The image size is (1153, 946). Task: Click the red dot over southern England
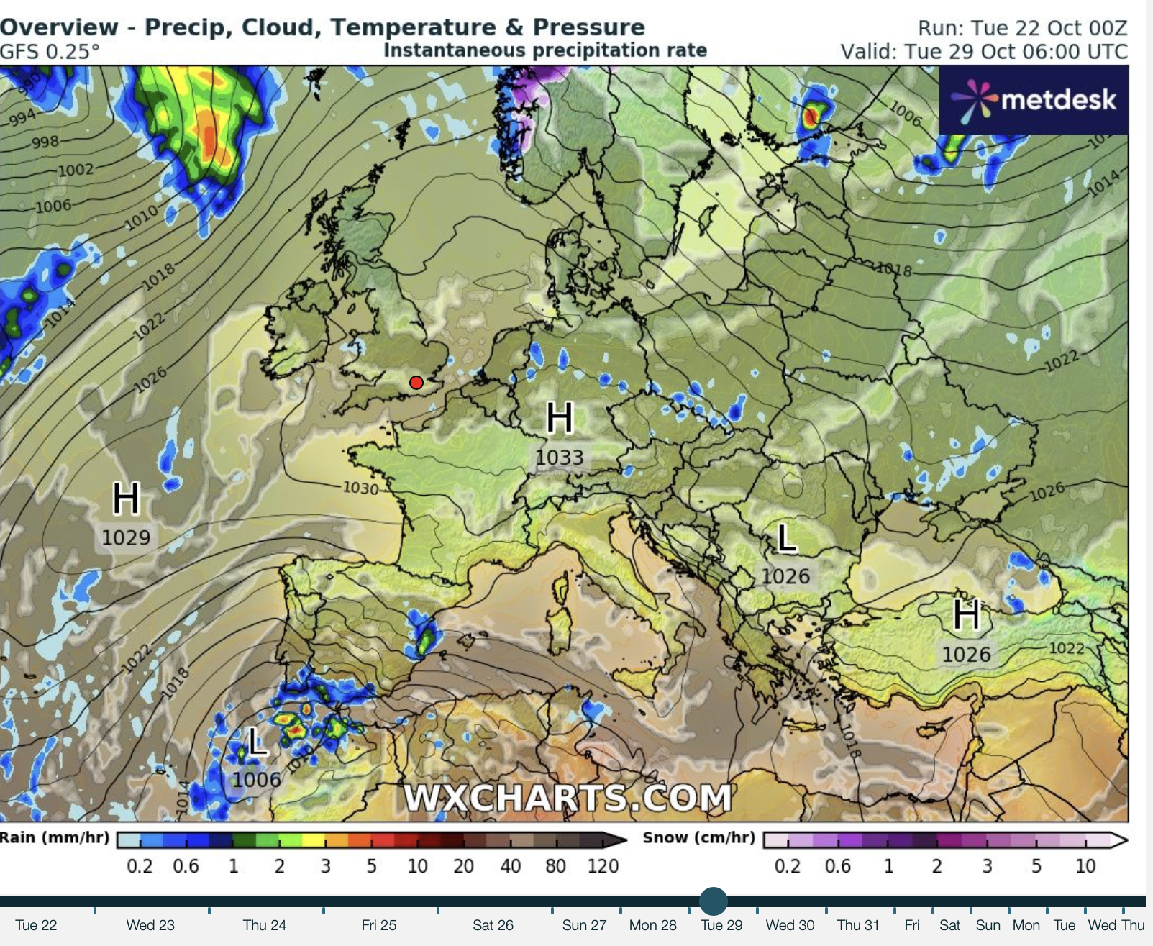[x=416, y=383]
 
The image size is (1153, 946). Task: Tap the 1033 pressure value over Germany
[x=560, y=458]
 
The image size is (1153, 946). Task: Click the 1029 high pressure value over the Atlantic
[x=126, y=537]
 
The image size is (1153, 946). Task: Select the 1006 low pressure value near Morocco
[x=256, y=780]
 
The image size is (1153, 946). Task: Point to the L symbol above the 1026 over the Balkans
[x=787, y=538]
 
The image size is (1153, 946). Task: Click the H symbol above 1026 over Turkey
[x=966, y=615]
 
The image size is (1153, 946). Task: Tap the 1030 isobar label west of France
[x=360, y=488]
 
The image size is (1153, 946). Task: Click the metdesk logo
[x=1034, y=100]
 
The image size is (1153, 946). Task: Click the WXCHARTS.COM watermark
[x=568, y=798]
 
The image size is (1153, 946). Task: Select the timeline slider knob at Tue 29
[x=713, y=901]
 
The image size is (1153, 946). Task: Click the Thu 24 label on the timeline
[x=264, y=925]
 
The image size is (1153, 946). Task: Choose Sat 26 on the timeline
[x=493, y=925]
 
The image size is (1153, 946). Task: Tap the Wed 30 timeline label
[x=790, y=925]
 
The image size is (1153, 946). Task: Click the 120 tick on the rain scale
[x=603, y=865]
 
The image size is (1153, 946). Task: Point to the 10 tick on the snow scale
[x=1085, y=865]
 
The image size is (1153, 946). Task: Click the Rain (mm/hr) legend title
[x=55, y=838]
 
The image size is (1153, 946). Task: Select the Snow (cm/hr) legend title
[x=698, y=838]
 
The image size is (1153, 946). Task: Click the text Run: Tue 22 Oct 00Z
[x=1022, y=28]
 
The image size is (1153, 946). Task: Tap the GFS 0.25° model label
[x=50, y=52]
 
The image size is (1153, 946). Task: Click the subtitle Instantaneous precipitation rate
[x=545, y=50]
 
